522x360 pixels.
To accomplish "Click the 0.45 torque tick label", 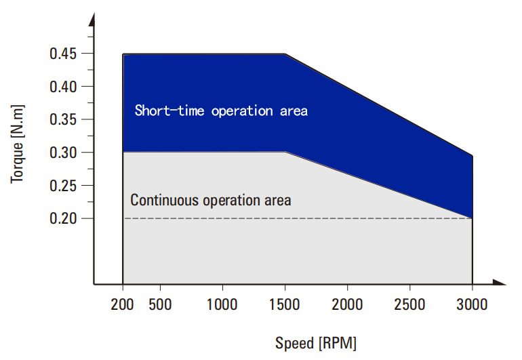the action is coord(63,54).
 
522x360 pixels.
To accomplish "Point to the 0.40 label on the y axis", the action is coord(63,87).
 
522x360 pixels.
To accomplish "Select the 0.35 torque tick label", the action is coord(63,119).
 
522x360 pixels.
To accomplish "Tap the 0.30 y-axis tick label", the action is coord(63,153).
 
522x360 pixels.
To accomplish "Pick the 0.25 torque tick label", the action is coord(63,186).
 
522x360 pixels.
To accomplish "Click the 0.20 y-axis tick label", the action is coord(63,218).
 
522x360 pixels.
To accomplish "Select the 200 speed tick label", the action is coord(122,304).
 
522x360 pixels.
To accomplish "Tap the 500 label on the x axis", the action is coord(160,304).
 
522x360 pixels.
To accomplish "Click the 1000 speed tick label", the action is coord(222,304).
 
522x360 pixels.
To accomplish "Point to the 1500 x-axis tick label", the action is coord(285,304).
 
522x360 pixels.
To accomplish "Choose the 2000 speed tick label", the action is coord(347,304).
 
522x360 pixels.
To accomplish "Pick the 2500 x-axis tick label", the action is coord(409,304).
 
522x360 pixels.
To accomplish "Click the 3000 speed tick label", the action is coord(472,304).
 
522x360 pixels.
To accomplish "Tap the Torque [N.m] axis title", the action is coord(18,144).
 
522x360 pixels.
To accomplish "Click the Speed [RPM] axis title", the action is coord(316,343).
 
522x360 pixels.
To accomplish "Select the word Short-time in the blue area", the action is coord(169,111).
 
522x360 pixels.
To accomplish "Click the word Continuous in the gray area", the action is coord(165,200).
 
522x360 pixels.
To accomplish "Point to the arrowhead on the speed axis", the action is coord(499,283).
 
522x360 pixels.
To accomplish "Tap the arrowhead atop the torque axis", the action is coord(92,20).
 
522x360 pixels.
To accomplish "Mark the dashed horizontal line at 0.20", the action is coord(298,218).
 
